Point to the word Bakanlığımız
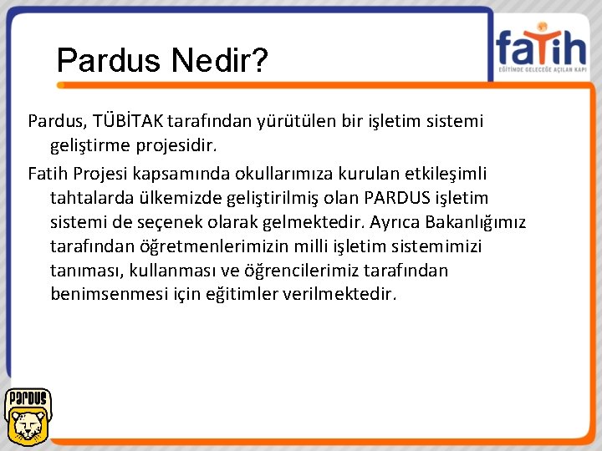click(475, 222)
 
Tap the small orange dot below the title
click(60, 84)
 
